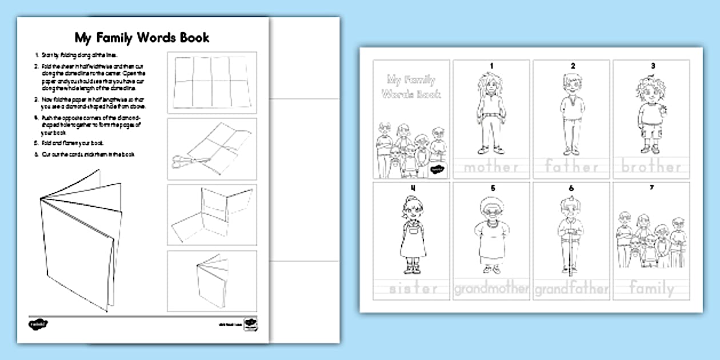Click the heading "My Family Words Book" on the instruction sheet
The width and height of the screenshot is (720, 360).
[142, 38]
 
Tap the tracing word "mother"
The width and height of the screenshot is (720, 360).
[491, 167]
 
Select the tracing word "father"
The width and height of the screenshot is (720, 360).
[571, 167]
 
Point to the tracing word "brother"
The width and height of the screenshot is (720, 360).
[651, 167]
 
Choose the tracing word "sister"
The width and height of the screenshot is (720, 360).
[413, 289]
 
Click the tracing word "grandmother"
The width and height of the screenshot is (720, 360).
[491, 289]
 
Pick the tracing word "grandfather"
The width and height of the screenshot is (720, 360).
[571, 289]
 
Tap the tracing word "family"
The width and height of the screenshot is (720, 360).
[651, 289]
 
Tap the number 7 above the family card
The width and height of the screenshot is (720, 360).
[651, 187]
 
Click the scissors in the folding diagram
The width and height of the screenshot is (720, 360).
[185, 161]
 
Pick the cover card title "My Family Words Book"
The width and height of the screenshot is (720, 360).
[410, 86]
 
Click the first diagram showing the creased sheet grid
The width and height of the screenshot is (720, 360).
[211, 83]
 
